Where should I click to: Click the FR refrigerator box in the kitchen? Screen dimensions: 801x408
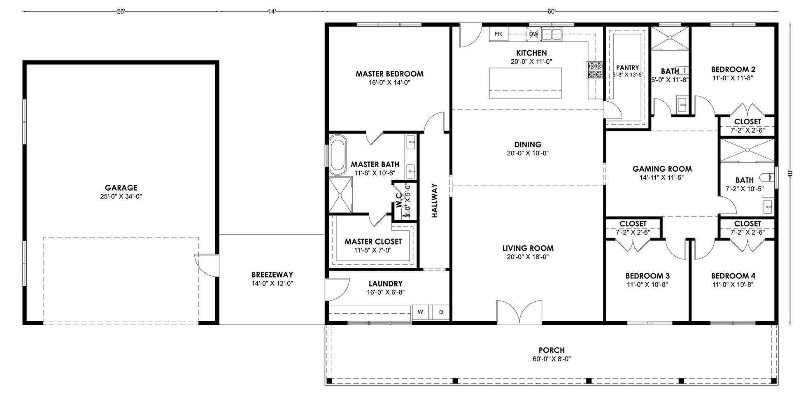click(x=498, y=34)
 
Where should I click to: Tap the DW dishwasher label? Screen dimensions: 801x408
click(x=533, y=34)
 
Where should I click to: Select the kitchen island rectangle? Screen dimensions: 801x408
click(x=526, y=83)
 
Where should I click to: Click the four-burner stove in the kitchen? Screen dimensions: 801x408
click(x=595, y=70)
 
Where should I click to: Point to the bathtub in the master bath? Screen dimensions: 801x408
click(x=338, y=155)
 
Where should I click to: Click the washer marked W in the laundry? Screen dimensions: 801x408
click(x=421, y=312)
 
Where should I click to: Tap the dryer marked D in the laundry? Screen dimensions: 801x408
click(x=441, y=312)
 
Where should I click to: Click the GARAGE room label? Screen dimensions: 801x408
click(x=121, y=188)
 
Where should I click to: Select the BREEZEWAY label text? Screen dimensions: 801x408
click(x=272, y=275)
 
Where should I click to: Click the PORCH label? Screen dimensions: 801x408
click(x=552, y=350)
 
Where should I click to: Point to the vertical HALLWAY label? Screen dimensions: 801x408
click(x=435, y=201)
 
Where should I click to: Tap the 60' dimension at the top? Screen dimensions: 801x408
click(x=552, y=12)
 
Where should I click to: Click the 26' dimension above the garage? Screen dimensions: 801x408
click(x=121, y=12)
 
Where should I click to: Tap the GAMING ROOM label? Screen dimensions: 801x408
click(x=662, y=169)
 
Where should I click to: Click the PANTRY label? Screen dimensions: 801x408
click(x=628, y=68)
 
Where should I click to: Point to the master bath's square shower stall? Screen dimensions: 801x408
click(x=340, y=195)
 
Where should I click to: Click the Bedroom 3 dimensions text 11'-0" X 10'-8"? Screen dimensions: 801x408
click(x=647, y=284)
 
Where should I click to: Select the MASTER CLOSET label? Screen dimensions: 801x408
click(x=373, y=242)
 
